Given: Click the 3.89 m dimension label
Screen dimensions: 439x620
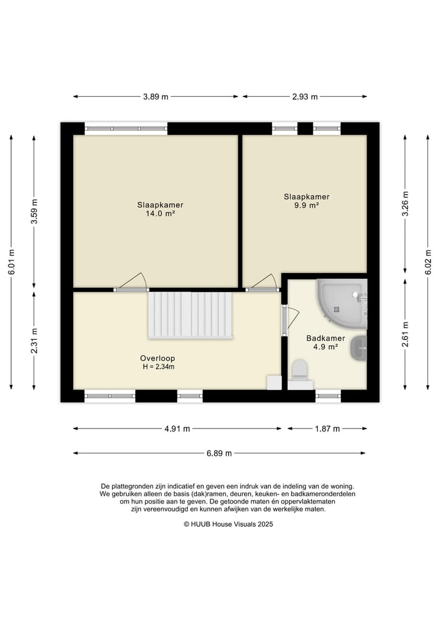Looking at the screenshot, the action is pyautogui.click(x=155, y=96).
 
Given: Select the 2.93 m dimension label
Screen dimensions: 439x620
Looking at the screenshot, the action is pyautogui.click(x=305, y=96).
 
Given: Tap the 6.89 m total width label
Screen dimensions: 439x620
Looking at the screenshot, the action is pyautogui.click(x=219, y=453).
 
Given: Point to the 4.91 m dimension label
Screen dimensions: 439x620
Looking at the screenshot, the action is pyautogui.click(x=177, y=429).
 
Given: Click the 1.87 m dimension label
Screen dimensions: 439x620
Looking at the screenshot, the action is pyautogui.click(x=327, y=429).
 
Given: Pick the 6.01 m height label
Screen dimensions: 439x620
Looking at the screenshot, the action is pyautogui.click(x=11, y=262).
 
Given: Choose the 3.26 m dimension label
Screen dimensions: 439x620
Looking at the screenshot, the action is pyautogui.click(x=405, y=204).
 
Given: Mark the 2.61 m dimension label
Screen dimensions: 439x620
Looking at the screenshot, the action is pyautogui.click(x=405, y=335).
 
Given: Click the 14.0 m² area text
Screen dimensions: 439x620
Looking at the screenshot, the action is pyautogui.click(x=160, y=213).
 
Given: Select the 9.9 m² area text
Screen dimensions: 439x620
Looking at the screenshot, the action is pyautogui.click(x=307, y=205).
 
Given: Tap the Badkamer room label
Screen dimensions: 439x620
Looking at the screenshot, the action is pyautogui.click(x=326, y=338).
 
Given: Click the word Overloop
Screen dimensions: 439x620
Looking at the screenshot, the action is pyautogui.click(x=157, y=358).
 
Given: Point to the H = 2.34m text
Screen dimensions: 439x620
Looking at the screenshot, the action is pyautogui.click(x=158, y=367).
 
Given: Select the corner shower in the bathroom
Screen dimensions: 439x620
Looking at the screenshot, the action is pyautogui.click(x=342, y=303).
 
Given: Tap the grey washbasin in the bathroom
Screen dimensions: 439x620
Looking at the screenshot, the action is pyautogui.click(x=359, y=348).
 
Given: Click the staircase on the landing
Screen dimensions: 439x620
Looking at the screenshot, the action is pyautogui.click(x=190, y=316).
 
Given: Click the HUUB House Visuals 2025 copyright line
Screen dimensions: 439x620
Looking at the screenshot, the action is pyautogui.click(x=228, y=524).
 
